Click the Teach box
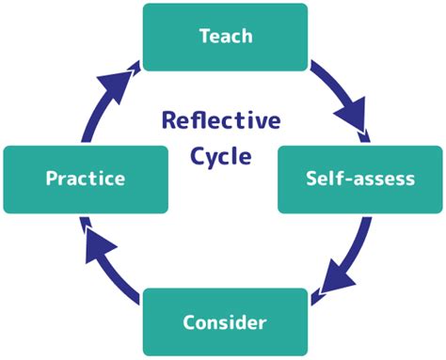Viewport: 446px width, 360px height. click(x=224, y=36)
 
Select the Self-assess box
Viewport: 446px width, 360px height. click(x=359, y=179)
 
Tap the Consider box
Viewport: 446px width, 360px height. click(x=224, y=321)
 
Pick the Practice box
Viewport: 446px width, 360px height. click(x=87, y=179)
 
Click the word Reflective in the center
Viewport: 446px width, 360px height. click(x=220, y=121)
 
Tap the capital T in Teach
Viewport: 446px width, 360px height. click(x=204, y=36)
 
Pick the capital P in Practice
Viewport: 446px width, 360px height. click(x=53, y=179)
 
